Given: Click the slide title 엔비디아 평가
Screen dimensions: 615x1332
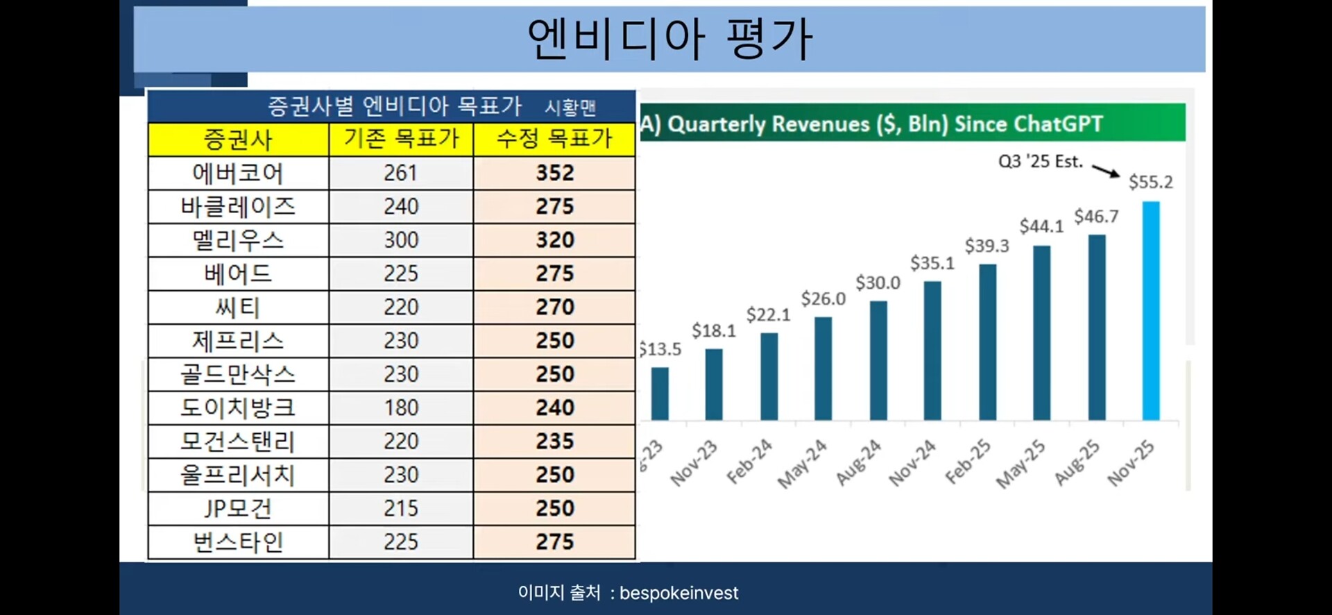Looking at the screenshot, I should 669,38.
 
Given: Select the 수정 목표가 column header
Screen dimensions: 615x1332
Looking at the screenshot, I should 554,139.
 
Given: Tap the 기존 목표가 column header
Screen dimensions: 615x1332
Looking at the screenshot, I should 401,139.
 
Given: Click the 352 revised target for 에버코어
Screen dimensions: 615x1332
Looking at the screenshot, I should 554,173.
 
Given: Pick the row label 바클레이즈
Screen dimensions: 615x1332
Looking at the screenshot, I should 238,206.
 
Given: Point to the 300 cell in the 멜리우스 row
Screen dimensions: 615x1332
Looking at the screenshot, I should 401,240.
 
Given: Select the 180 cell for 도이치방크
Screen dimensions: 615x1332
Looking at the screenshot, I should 401,407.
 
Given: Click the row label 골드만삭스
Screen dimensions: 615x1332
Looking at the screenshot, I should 238,374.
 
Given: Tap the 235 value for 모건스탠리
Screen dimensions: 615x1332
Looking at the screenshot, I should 554,441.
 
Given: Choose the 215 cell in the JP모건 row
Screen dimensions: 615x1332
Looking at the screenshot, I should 401,508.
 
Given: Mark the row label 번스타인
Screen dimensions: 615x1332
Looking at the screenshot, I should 238,542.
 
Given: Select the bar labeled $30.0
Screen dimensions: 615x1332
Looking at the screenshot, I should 878,360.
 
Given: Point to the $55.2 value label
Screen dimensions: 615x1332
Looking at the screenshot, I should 1150,182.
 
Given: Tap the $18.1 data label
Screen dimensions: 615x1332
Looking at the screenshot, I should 713,331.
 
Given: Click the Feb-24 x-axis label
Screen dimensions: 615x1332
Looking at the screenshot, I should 749,461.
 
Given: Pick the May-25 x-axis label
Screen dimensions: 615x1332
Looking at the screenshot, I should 1021,464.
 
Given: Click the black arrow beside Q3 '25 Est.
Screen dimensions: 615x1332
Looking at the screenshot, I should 1106,171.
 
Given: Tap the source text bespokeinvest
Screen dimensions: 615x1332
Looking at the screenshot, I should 678,593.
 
